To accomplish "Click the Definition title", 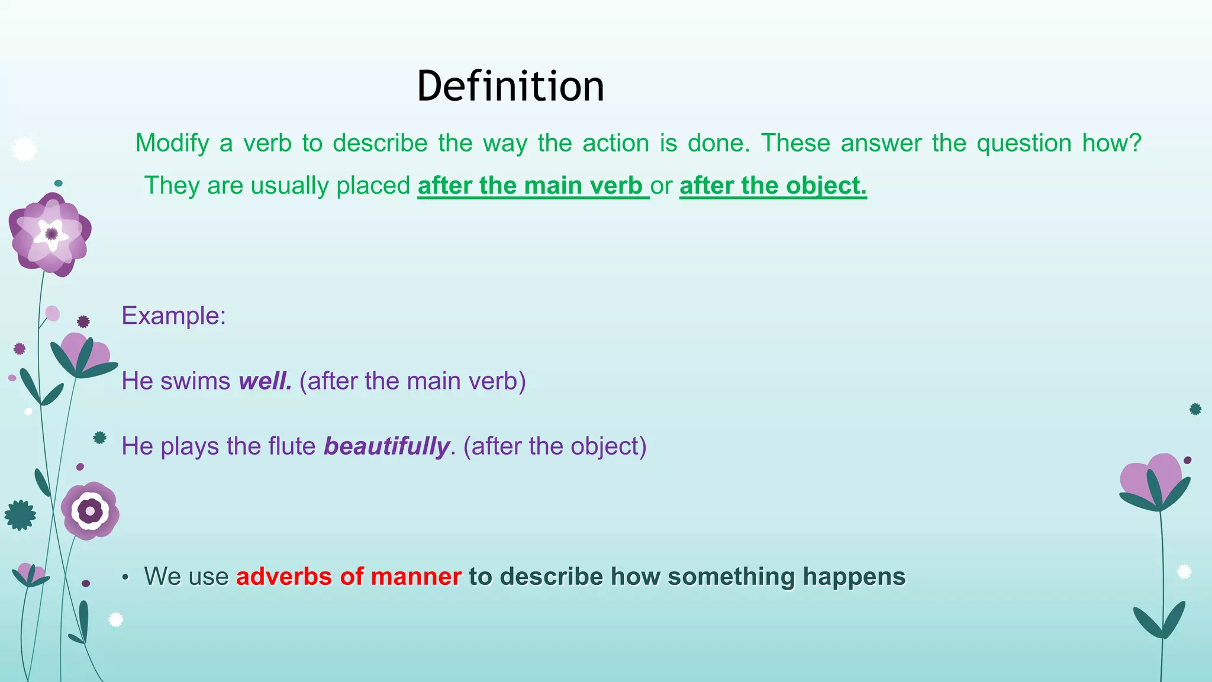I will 510,86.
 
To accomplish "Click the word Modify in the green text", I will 172,143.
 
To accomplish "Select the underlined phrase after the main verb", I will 533,186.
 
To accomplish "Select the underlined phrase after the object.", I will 772,186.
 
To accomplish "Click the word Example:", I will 173,316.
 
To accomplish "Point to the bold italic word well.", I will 265,381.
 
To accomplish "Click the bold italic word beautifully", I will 387,446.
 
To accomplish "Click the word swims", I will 195,381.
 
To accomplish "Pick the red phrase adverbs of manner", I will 349,577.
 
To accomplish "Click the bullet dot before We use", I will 125,578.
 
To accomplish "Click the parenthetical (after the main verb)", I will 412,381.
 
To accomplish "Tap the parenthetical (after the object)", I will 555,446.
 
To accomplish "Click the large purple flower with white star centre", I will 50,234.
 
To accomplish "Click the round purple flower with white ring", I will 90,511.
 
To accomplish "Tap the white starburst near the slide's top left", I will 24,149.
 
